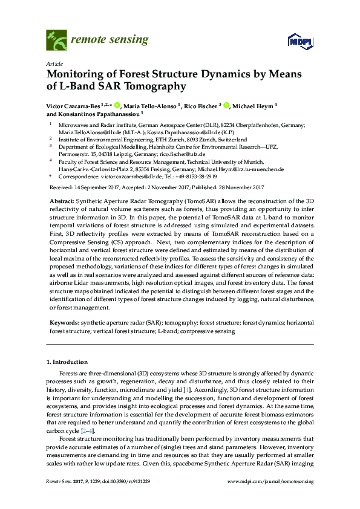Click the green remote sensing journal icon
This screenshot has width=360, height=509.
point(56,41)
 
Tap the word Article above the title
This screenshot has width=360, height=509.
point(54,63)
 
